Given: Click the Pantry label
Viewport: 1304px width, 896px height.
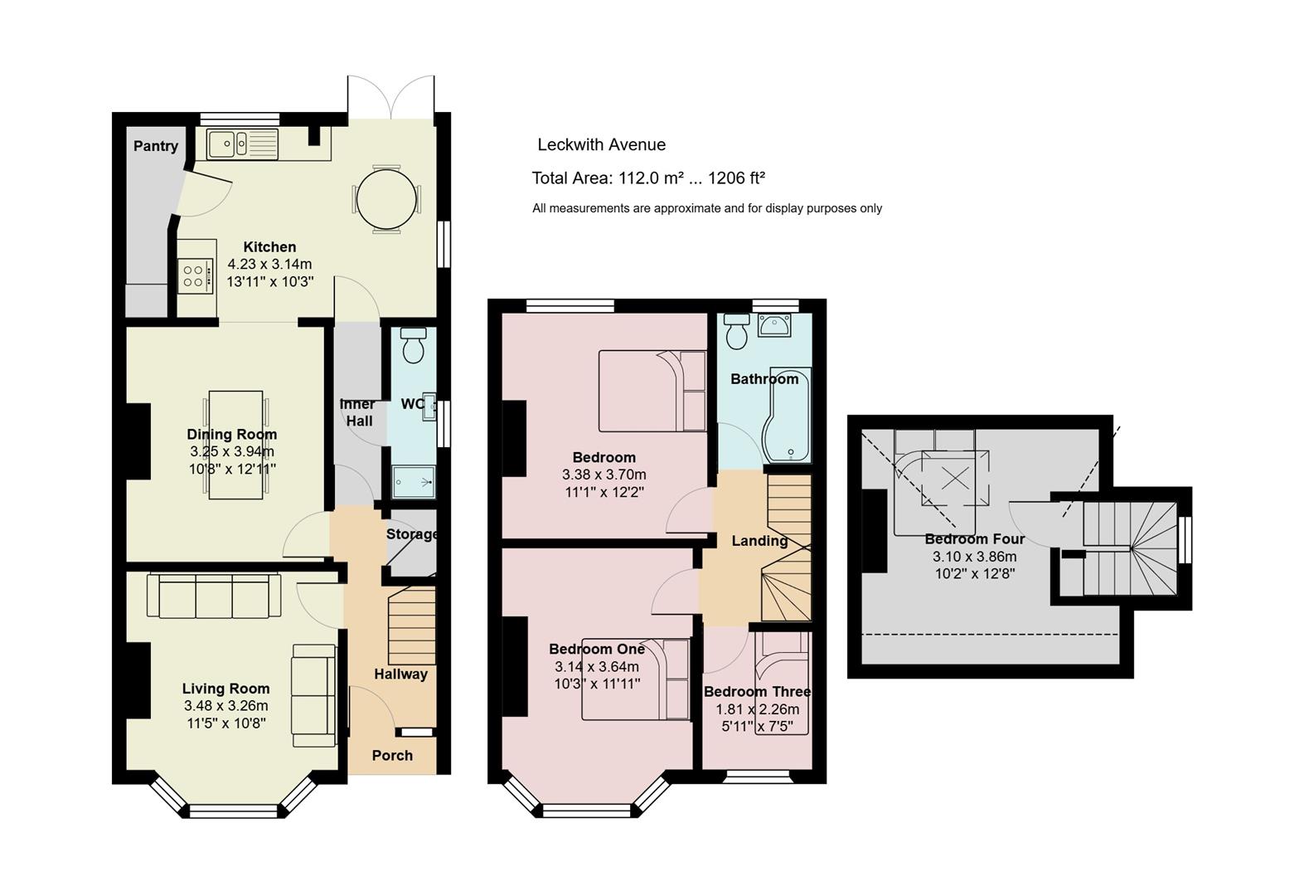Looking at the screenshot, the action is coord(155,146).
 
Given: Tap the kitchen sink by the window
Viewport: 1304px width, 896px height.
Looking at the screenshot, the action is coord(242,144).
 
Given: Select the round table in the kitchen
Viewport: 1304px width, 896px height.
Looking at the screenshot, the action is coord(386,199).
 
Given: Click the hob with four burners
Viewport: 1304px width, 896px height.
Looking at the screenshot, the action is coord(194,276).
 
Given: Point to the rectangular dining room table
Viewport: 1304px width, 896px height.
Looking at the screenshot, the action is coord(235,445).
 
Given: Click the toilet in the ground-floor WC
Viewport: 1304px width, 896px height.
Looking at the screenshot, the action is coord(414,345).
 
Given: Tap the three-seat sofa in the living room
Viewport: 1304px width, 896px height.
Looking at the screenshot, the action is coord(214,596).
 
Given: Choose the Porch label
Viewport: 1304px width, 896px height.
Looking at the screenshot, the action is coord(392,756).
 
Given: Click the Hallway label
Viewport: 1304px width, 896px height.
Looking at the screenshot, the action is coord(400,674).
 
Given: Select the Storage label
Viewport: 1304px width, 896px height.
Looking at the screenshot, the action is coord(412,534).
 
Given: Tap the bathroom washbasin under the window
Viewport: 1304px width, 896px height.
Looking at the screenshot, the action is coord(774,325).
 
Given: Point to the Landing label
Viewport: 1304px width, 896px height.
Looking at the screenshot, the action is coord(759,541).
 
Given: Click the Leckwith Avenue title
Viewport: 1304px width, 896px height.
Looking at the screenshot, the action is coord(601,144).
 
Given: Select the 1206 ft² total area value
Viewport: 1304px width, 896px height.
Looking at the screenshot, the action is coord(736,178).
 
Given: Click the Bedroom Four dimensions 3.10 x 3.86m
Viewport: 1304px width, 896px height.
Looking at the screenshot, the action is coord(975,557).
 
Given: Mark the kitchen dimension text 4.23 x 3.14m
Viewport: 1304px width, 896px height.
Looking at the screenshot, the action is coord(269,264).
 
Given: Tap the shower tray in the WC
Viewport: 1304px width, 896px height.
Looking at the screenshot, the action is coord(414,482).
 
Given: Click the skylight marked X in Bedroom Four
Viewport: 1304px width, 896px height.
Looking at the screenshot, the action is coord(955,479).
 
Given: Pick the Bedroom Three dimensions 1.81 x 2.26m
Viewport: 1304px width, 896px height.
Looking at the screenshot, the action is coord(758,709).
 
